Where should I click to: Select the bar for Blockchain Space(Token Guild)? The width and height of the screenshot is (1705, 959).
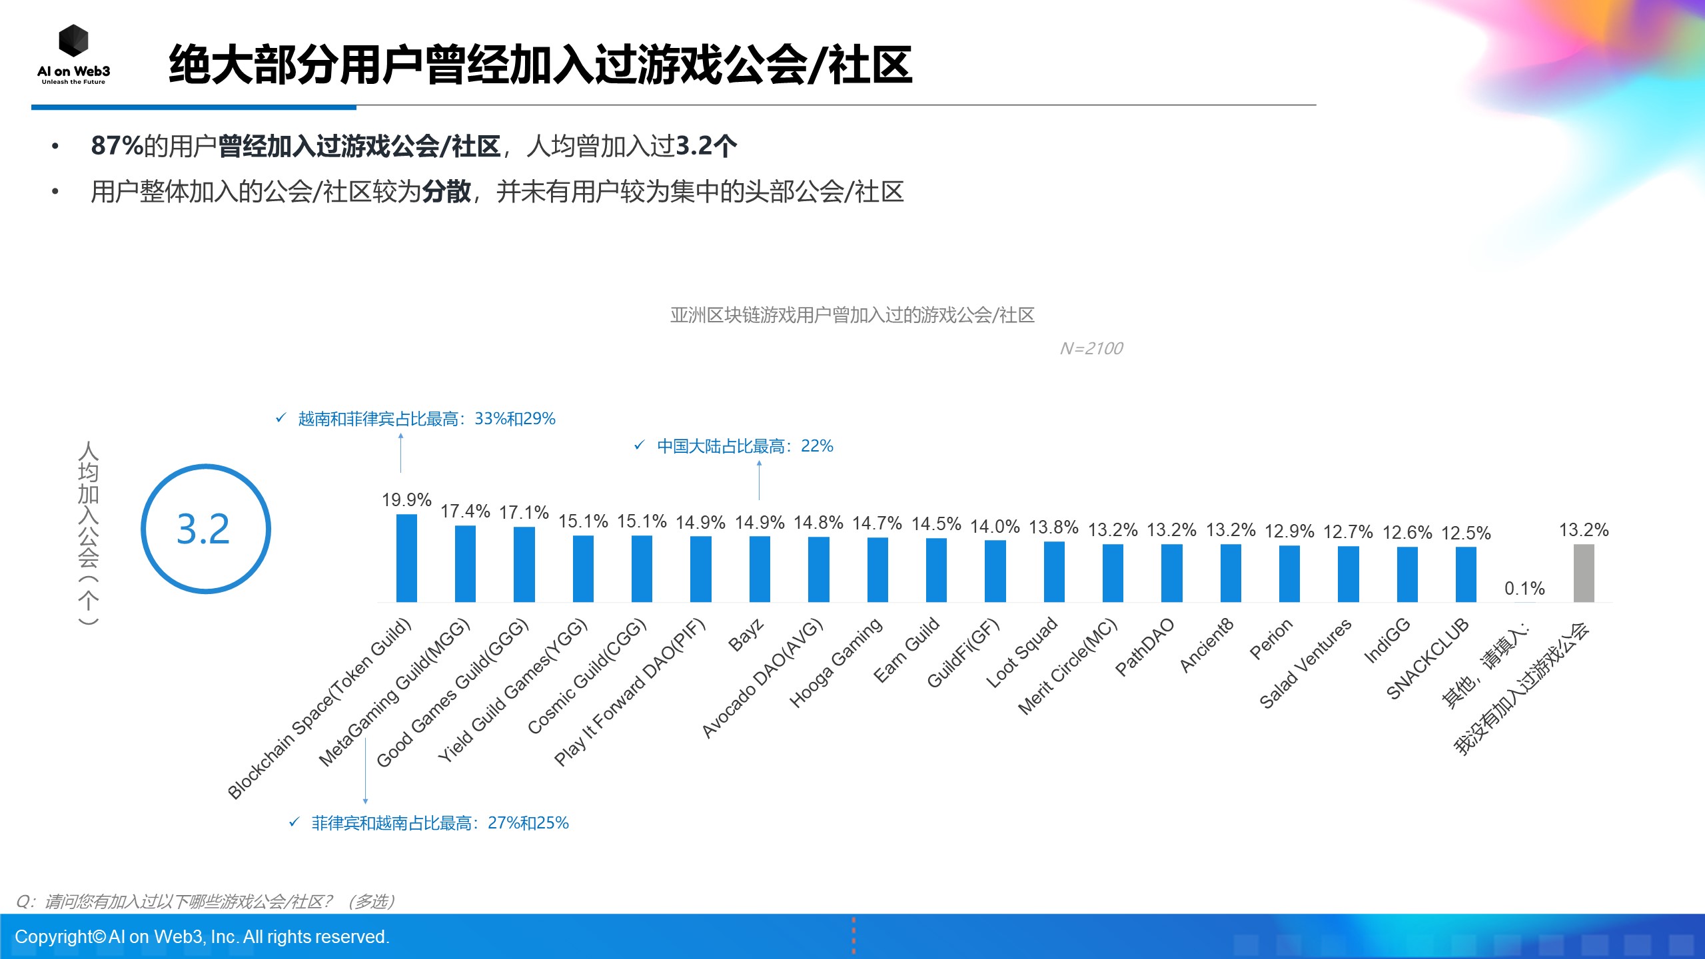[406, 558]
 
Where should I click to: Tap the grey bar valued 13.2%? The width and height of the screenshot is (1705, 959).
[1583, 573]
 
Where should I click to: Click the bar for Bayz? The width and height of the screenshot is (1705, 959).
[760, 569]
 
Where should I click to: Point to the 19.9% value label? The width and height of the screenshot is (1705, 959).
[406, 499]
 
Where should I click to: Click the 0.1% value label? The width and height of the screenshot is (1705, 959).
[1524, 588]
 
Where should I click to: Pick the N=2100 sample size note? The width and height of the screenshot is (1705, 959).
[1091, 348]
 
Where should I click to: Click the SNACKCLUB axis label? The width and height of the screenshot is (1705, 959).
[1427, 658]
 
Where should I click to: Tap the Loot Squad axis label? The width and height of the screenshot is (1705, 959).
[1021, 653]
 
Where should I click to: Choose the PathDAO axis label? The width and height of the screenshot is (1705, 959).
[1144, 647]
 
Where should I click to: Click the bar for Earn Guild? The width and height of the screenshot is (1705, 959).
[936, 570]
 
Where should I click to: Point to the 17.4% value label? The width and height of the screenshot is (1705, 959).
[465, 511]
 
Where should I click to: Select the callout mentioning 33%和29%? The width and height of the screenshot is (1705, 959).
[426, 418]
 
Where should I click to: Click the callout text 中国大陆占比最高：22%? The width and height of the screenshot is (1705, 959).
[745, 446]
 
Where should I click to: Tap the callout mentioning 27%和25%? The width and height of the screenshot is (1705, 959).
[440, 822]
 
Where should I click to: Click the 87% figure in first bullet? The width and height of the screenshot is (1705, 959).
[117, 146]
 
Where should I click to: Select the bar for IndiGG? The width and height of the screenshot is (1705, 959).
[1407, 574]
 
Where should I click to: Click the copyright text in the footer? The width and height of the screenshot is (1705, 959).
[202, 936]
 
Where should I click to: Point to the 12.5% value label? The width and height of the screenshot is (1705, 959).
[1465, 533]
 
